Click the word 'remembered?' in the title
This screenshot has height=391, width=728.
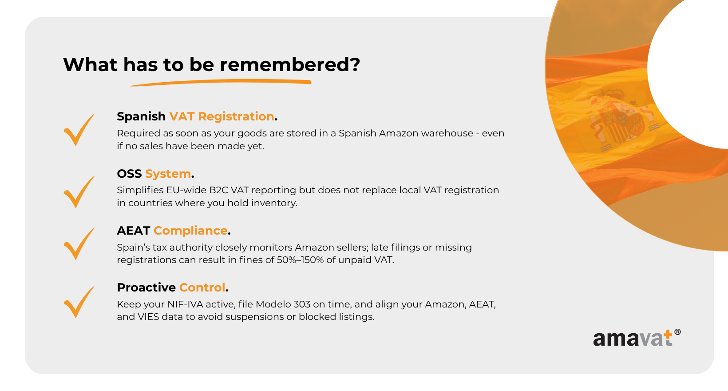(x=290, y=64)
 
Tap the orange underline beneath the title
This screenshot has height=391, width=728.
(x=221, y=83)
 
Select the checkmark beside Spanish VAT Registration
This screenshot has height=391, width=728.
(x=79, y=130)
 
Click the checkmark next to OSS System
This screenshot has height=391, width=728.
(x=79, y=192)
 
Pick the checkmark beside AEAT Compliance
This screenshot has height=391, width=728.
(x=79, y=243)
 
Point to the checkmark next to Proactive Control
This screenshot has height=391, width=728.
(x=79, y=302)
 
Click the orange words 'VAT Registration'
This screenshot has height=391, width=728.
(x=222, y=116)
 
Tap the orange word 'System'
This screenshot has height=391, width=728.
(x=168, y=174)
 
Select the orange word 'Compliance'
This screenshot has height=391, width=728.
(x=190, y=231)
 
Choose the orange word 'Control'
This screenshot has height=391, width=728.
(x=202, y=287)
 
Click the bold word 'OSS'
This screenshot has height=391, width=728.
(x=129, y=174)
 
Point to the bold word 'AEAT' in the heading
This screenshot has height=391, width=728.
(x=133, y=231)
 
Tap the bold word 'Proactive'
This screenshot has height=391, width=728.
(x=146, y=287)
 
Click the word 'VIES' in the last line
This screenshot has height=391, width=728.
(x=148, y=317)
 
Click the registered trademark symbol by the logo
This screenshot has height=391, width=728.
(x=677, y=332)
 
